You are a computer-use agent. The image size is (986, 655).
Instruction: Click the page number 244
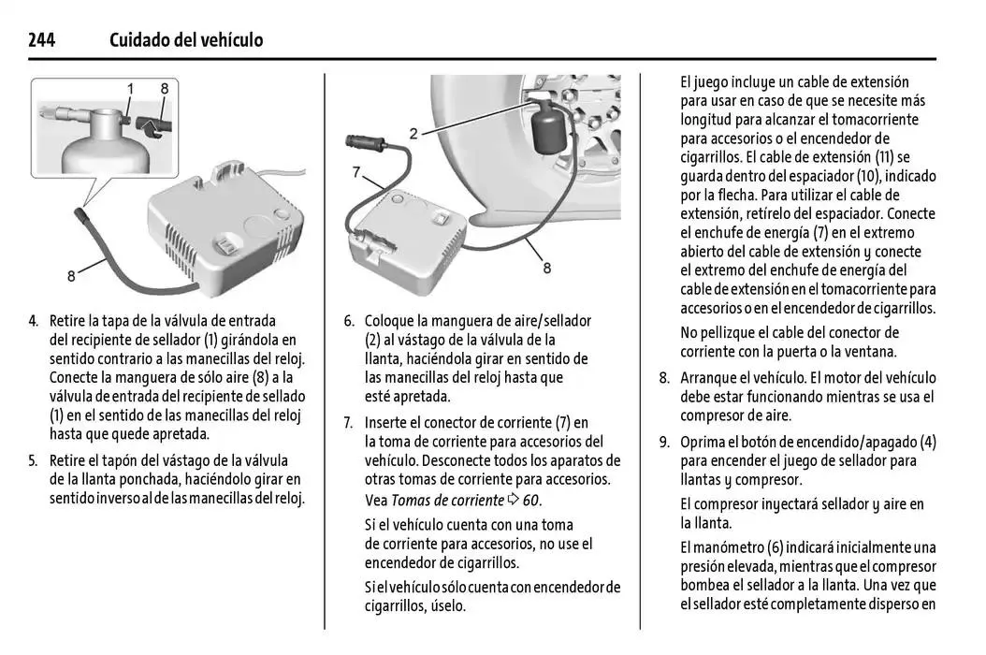[x=42, y=40]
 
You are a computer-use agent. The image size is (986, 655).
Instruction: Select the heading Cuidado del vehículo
[x=186, y=40]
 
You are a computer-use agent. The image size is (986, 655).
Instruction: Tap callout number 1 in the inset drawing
[x=130, y=89]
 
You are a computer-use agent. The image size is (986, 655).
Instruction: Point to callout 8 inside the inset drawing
[x=164, y=89]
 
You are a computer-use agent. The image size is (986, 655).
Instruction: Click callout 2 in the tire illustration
[x=413, y=133]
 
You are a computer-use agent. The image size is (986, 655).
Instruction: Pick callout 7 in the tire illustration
[x=356, y=171]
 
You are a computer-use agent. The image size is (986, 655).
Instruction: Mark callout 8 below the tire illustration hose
[x=546, y=268]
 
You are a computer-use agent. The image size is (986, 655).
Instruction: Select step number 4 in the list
[x=34, y=321]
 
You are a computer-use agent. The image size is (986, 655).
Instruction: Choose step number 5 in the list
[x=34, y=460]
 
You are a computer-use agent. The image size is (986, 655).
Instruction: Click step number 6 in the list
[x=349, y=321]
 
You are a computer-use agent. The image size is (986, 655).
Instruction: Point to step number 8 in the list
[x=664, y=378]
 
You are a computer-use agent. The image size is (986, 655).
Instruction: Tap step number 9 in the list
[x=664, y=442]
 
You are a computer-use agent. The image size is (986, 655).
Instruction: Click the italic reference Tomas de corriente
[x=447, y=499]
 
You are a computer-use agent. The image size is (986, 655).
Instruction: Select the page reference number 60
[x=530, y=499]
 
